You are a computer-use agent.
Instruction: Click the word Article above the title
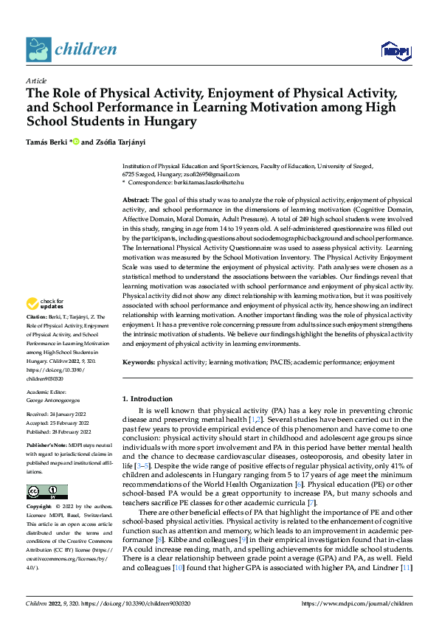coord(36,80)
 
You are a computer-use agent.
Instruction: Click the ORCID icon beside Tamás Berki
coord(75,141)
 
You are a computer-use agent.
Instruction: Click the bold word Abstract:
coord(136,201)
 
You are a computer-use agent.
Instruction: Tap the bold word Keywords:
coord(139,363)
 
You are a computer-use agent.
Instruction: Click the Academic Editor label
coord(48,393)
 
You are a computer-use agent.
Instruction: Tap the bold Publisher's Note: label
coord(46,447)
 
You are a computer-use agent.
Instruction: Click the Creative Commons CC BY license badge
coord(46,492)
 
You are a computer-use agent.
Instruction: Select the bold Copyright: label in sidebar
coord(39,507)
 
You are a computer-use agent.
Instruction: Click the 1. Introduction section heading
coord(147,399)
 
